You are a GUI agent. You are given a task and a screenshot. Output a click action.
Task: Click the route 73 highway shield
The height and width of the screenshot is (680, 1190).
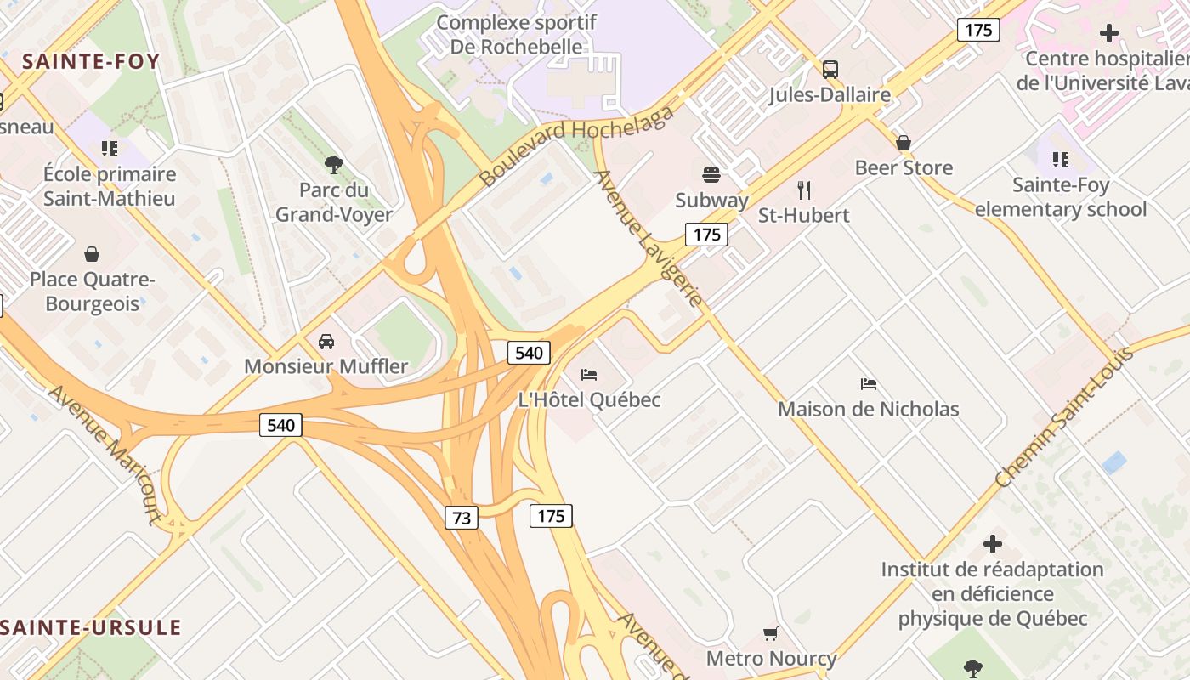(462, 518)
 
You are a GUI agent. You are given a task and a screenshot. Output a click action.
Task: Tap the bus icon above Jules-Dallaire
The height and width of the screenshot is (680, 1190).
(830, 69)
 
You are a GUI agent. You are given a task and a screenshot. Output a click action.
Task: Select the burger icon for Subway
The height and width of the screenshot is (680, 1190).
(711, 175)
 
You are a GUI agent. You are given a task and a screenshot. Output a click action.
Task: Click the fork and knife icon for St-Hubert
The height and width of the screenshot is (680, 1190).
(804, 190)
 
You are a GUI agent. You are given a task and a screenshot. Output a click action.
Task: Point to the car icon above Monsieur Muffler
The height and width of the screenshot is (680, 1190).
(326, 342)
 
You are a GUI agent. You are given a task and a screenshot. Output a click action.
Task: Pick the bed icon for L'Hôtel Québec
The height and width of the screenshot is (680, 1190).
(589, 375)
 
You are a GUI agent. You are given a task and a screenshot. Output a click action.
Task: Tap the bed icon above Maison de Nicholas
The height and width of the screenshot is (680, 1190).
(868, 384)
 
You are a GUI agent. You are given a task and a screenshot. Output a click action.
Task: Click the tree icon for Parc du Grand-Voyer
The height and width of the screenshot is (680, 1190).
(334, 164)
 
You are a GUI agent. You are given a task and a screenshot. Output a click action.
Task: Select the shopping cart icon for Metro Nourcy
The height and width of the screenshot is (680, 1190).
(771, 633)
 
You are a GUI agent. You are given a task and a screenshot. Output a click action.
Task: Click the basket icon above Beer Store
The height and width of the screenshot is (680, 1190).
(904, 142)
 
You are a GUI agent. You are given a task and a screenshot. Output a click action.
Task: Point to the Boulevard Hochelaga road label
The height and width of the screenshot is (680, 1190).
(577, 145)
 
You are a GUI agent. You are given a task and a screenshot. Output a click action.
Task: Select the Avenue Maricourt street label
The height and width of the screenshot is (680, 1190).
(105, 454)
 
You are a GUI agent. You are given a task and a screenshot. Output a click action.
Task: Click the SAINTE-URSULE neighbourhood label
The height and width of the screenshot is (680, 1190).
(91, 628)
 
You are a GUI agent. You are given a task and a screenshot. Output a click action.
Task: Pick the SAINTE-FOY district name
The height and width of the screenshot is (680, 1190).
(91, 61)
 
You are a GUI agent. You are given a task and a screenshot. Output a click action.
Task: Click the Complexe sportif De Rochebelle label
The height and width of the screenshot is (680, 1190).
(516, 35)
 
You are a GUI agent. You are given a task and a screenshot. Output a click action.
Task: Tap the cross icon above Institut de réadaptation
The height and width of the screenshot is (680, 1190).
(992, 544)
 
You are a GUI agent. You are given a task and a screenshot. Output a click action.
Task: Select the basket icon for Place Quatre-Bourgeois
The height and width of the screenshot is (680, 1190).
(92, 254)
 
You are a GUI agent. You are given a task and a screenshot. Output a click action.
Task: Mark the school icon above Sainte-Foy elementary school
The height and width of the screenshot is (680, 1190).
(1060, 159)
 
